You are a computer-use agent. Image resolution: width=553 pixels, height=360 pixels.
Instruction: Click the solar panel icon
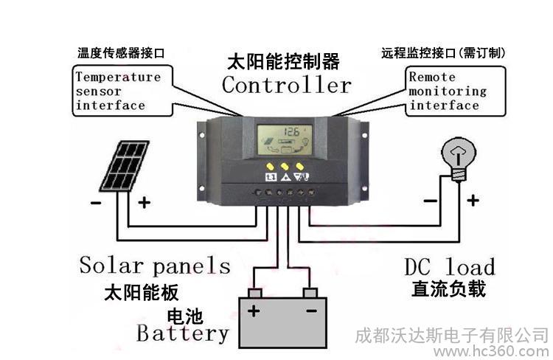[x=124, y=166]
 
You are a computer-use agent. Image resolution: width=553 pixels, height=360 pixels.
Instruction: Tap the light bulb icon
[x=459, y=159]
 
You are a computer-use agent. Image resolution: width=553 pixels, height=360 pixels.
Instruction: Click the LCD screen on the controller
[x=285, y=139]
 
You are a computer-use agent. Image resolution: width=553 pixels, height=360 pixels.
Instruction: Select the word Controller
[x=286, y=85]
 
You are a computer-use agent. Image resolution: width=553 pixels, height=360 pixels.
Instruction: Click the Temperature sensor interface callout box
[x=122, y=91]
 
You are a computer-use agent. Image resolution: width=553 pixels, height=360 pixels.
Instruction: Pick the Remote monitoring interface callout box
[x=456, y=91]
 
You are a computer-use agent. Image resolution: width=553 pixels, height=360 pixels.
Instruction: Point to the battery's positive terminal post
[x=255, y=293]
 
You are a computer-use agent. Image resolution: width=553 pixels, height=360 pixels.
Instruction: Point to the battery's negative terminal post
[x=310, y=293]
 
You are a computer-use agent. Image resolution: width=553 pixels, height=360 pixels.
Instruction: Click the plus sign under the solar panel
[x=144, y=203]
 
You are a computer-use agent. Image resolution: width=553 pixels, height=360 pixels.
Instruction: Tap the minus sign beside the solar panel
[x=96, y=203]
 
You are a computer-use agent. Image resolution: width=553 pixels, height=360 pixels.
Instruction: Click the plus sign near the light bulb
[x=473, y=201]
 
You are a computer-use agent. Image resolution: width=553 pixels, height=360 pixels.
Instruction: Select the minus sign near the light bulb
[x=431, y=201]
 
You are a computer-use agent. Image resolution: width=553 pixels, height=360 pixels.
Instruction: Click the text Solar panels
[x=155, y=266]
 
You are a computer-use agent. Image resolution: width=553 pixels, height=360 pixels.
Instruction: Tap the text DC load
[x=450, y=267]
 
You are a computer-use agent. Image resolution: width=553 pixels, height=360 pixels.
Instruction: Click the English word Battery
[x=183, y=333]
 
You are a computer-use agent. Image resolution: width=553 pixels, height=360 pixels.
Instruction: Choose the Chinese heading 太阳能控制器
[x=283, y=62]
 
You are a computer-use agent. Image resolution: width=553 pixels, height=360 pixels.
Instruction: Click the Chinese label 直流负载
[x=448, y=288]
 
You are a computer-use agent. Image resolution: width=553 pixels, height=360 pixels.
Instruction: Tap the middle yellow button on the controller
[x=285, y=166]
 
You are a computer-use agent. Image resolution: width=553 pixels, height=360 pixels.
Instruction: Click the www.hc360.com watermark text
[x=492, y=352]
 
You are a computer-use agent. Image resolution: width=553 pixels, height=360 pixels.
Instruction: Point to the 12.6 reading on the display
[x=291, y=131]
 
